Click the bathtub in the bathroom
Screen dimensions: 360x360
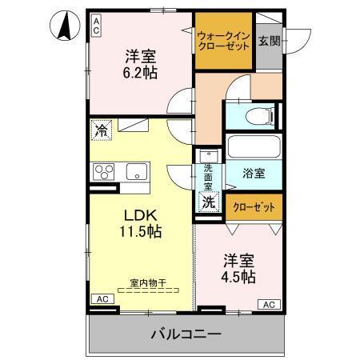coord(253,146)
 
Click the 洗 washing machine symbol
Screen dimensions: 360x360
coord(208,202)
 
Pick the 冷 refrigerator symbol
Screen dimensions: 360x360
coord(101,128)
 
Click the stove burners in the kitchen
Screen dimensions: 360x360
coord(105,170)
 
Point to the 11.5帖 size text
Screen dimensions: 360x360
coord(141,233)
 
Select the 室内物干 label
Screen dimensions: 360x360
coord(146,282)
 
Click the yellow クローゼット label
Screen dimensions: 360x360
coord(253,206)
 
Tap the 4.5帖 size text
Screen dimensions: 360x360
coord(238,278)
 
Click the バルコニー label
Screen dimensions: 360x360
coord(185,334)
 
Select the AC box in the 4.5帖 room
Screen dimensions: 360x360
coord(270,304)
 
